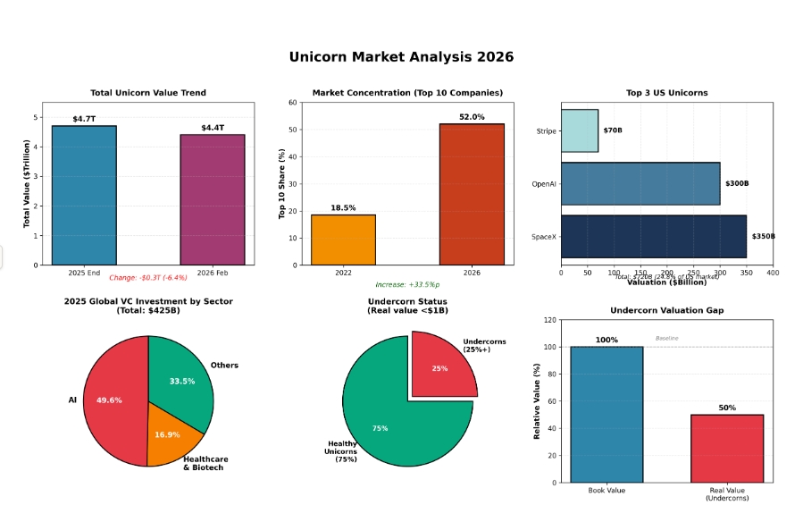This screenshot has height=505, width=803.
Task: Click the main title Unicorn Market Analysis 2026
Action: tap(401, 57)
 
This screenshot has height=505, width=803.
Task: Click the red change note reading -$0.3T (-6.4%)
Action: tap(148, 278)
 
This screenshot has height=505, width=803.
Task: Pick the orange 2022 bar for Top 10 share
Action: tap(343, 240)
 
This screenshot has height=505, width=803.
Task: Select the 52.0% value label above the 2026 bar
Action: tap(472, 117)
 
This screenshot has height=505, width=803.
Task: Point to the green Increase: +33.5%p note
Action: tap(407, 284)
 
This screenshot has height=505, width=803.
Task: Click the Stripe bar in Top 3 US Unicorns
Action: tap(579, 130)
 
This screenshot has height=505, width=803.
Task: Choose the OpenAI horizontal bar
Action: tap(640, 183)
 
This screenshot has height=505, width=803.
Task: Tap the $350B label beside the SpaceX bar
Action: tap(763, 236)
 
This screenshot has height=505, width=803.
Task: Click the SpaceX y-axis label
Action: tap(544, 236)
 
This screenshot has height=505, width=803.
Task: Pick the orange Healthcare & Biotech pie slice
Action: tap(170, 434)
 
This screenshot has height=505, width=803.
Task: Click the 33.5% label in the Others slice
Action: tap(182, 382)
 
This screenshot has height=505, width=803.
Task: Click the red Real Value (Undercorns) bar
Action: tap(726, 448)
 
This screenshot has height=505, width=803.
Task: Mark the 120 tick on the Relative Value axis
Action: tap(550, 319)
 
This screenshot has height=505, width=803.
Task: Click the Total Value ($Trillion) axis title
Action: tap(27, 183)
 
